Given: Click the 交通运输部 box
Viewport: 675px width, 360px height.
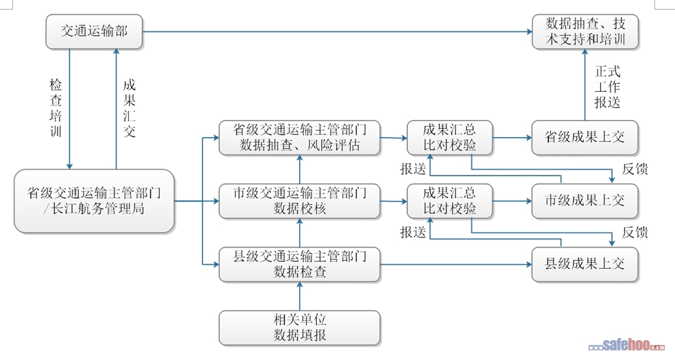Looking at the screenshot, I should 94,32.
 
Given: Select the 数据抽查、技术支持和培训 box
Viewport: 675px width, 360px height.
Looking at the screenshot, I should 586,32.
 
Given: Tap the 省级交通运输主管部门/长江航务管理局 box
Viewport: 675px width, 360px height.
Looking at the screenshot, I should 94,200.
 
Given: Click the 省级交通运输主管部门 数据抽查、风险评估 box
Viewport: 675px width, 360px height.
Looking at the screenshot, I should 300,137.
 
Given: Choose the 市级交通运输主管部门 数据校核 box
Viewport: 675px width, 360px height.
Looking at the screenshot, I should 300,201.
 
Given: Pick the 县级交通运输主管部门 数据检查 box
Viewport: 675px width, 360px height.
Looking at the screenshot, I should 300,264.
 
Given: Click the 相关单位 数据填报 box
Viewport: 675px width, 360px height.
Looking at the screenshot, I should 300,327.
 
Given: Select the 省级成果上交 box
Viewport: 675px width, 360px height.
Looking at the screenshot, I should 585,137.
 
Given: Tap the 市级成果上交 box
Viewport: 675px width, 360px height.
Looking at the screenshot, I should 585,201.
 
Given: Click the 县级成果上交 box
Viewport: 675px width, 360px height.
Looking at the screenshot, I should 585,264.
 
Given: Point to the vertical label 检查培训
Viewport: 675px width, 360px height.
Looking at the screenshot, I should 56,108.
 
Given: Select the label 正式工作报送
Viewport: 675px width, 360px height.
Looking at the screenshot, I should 606,87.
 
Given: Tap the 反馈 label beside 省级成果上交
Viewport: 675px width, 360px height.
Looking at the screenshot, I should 635,169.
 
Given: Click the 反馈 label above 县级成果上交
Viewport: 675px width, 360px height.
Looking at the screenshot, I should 635,232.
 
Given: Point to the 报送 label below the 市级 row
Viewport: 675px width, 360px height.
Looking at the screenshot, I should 414,232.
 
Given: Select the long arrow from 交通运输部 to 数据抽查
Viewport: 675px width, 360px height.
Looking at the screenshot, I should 336,32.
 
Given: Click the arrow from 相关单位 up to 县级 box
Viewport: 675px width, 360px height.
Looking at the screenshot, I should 300,296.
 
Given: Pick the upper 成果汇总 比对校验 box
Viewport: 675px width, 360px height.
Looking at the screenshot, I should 449,137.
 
